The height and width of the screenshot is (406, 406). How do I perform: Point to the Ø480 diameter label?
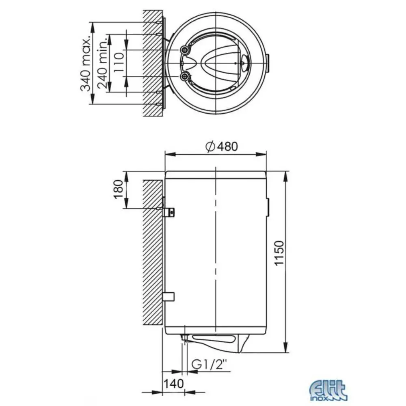tap(222, 147)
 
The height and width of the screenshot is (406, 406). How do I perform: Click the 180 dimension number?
tap(118, 190)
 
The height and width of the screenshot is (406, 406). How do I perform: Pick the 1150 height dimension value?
tap(280, 253)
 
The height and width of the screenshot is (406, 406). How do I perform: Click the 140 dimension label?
tap(173, 384)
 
